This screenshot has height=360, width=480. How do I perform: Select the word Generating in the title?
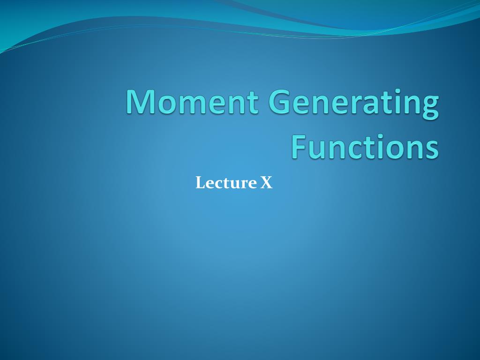(353, 104)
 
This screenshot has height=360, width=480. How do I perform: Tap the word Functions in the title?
(365, 146)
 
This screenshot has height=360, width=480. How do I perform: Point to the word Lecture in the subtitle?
(226, 183)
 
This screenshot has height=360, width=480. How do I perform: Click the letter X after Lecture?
(266, 183)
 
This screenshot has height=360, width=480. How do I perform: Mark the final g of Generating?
(430, 107)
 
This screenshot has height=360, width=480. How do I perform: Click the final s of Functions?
(432, 150)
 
